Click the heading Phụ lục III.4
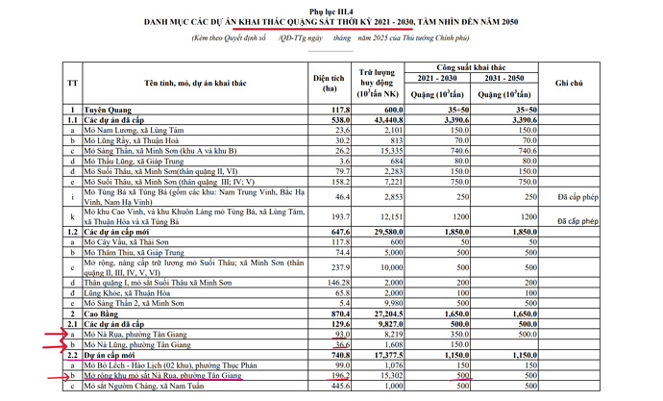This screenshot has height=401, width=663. coord(331,9)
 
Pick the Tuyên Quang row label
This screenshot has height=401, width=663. coord(110,113)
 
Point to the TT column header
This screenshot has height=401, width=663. coord(73,85)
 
